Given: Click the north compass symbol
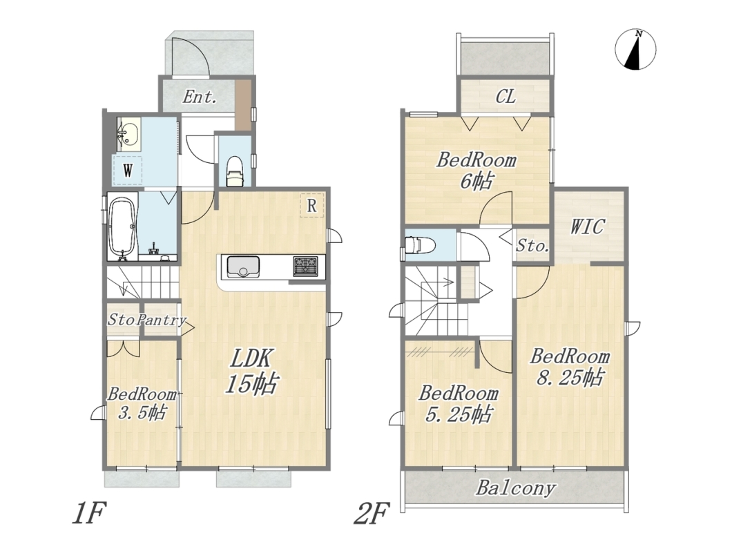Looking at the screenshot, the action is pyautogui.click(x=635, y=50).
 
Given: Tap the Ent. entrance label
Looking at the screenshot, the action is pyautogui.click(x=200, y=97).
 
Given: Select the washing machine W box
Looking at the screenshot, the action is pyautogui.click(x=127, y=170).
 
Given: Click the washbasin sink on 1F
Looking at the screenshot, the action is pyautogui.click(x=128, y=134).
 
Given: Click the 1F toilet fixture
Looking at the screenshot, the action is pyautogui.click(x=234, y=171).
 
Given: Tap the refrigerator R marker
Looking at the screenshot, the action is pyautogui.click(x=312, y=205).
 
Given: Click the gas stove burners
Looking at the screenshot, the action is pyautogui.click(x=305, y=266).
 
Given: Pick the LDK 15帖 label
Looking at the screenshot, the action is pyautogui.click(x=252, y=371).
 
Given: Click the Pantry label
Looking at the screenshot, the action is pyautogui.click(x=162, y=320).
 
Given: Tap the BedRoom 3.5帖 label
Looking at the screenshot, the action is pyautogui.click(x=142, y=403).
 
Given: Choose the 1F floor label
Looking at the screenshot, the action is pyautogui.click(x=90, y=513).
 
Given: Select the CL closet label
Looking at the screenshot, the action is pyautogui.click(x=505, y=97).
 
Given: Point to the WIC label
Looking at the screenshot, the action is pyautogui.click(x=587, y=227).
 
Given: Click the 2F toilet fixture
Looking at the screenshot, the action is pyautogui.click(x=419, y=244).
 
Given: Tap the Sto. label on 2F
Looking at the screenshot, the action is pyautogui.click(x=532, y=246).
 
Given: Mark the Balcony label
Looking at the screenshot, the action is pyautogui.click(x=516, y=488).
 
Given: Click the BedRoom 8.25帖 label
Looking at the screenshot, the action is pyautogui.click(x=570, y=367).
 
